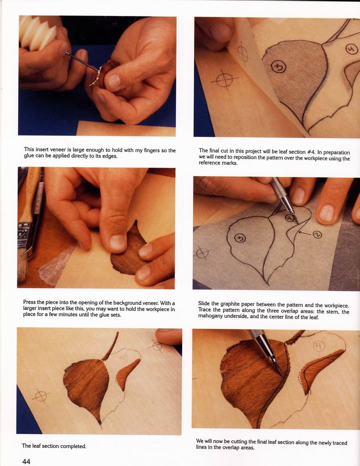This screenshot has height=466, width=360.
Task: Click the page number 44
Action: pos(26,461)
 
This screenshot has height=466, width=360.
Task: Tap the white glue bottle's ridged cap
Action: pos(38,32)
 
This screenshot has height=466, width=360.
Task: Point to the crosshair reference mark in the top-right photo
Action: pos(225,80)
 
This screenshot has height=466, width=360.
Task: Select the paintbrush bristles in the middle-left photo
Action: pos(23,269)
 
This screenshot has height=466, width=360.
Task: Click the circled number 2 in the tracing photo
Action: pos(317,234)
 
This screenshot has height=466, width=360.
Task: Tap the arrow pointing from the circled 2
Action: pos(305,233)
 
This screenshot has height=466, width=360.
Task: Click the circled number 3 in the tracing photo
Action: pos(240,238)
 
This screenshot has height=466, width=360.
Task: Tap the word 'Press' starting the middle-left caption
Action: pos(29,302)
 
